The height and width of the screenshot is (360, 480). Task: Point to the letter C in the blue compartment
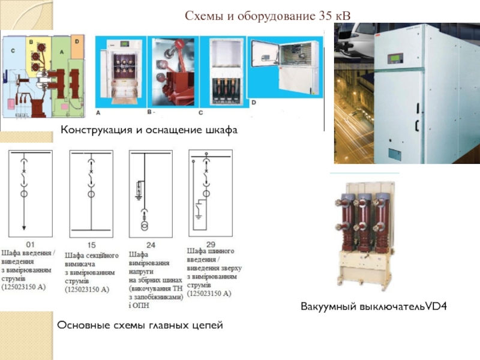[x=13, y=52]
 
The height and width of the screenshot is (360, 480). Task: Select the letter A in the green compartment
[x=62, y=52]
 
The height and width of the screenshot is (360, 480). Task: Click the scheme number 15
[x=91, y=245]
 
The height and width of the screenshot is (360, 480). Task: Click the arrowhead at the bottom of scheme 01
[x=24, y=227]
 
